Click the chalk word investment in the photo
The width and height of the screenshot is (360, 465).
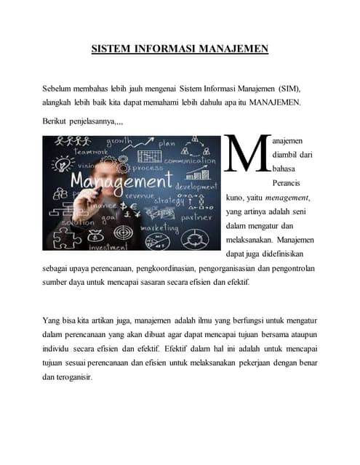click(108, 247)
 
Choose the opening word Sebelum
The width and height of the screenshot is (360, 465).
click(59, 88)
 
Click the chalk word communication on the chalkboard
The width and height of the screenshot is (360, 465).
click(190, 161)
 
